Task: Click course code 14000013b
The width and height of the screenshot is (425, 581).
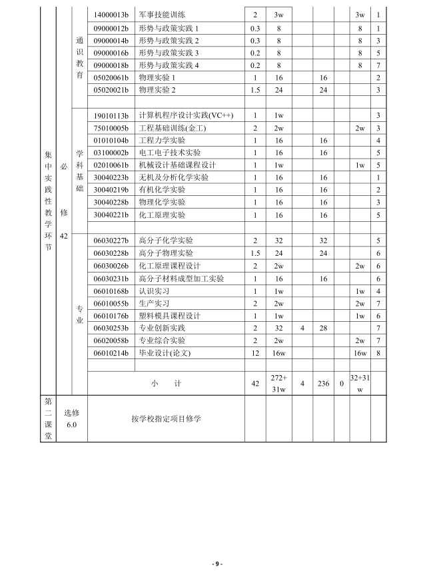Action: coord(111,15)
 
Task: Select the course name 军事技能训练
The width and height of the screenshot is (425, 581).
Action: coord(163,15)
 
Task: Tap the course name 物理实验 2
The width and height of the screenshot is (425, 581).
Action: coord(157,90)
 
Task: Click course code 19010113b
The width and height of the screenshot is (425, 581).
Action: coord(111,115)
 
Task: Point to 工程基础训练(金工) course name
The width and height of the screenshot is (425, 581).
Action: coord(173,128)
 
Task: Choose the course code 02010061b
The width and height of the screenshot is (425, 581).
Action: coord(111,165)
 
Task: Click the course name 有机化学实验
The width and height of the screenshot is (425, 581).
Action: coord(162,191)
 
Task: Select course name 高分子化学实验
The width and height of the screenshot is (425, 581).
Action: coord(166,241)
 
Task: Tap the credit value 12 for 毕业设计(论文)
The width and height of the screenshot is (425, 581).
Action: coord(255,353)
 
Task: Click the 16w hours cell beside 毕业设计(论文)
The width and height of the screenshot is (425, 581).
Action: coord(278,353)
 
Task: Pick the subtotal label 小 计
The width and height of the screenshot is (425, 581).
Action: coord(166,384)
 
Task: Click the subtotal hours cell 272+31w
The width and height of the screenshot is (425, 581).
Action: coord(278,384)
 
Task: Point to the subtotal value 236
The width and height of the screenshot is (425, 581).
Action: coord(324,384)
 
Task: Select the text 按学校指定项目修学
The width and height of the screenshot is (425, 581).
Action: coord(166,419)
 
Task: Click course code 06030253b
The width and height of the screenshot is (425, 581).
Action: coord(111,328)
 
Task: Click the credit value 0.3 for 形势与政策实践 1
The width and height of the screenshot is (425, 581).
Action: coord(255,27)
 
